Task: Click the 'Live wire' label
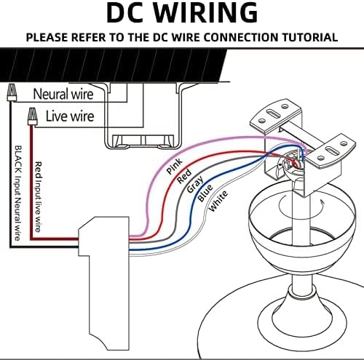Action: tap(70, 116)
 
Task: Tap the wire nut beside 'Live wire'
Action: tap(33, 116)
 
